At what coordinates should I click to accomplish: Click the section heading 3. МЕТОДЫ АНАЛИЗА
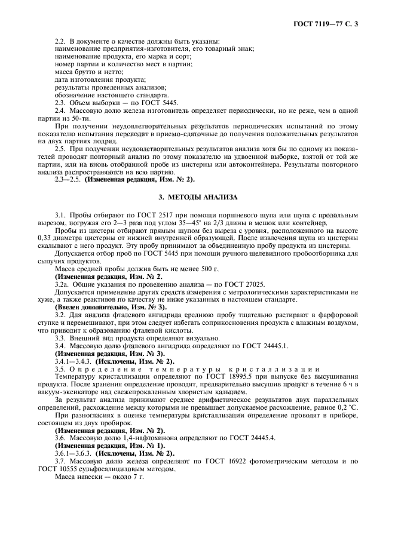tap(198, 196)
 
